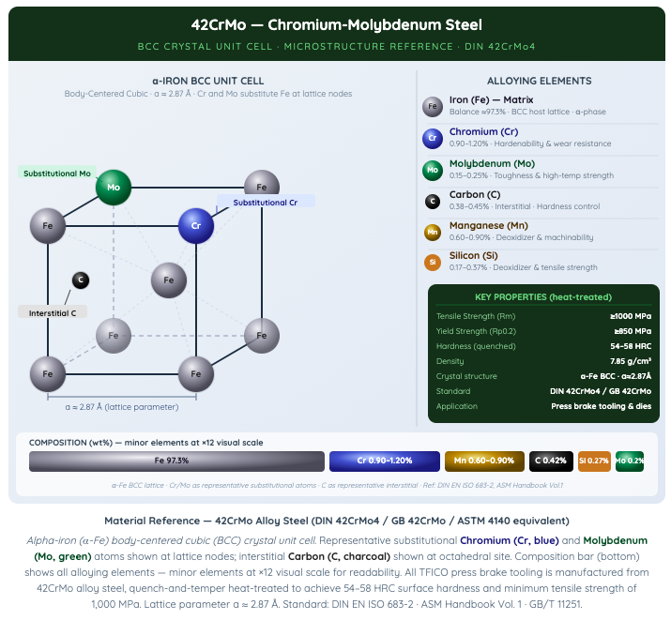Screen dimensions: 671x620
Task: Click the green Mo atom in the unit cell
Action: pyautogui.click(x=114, y=188)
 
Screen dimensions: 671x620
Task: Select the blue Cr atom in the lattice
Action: pyautogui.click(x=196, y=226)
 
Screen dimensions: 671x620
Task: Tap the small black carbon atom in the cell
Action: pyautogui.click(x=81, y=280)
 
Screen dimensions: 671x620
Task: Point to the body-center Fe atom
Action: pyautogui.click(x=169, y=280)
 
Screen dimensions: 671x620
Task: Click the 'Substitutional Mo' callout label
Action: pyautogui.click(x=57, y=174)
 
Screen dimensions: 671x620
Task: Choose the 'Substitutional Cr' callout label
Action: pyautogui.click(x=266, y=203)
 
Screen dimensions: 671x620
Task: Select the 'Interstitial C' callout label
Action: pyautogui.click(x=53, y=313)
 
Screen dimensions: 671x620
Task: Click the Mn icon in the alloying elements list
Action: pyautogui.click(x=433, y=233)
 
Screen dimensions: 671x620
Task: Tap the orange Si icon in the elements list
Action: pyautogui.click(x=433, y=262)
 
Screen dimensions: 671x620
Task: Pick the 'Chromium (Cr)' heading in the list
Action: pyautogui.click(x=483, y=131)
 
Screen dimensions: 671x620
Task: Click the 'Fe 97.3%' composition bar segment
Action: pyautogui.click(x=176, y=461)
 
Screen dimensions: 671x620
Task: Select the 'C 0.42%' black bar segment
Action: pyautogui.click(x=551, y=461)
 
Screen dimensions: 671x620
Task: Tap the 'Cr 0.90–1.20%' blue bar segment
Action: pyautogui.click(x=384, y=461)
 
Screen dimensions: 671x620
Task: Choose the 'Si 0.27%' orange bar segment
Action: pyautogui.click(x=594, y=461)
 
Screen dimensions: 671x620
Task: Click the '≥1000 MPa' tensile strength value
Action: pyautogui.click(x=631, y=316)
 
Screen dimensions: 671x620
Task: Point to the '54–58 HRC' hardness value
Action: pyautogui.click(x=631, y=346)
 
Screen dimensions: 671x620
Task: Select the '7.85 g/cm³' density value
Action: pyautogui.click(x=631, y=361)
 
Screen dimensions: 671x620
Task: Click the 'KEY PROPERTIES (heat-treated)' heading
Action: pyautogui.click(x=543, y=296)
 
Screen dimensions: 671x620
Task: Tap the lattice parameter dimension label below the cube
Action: pyautogui.click(x=122, y=407)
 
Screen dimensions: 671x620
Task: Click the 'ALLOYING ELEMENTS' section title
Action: pyautogui.click(x=540, y=81)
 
